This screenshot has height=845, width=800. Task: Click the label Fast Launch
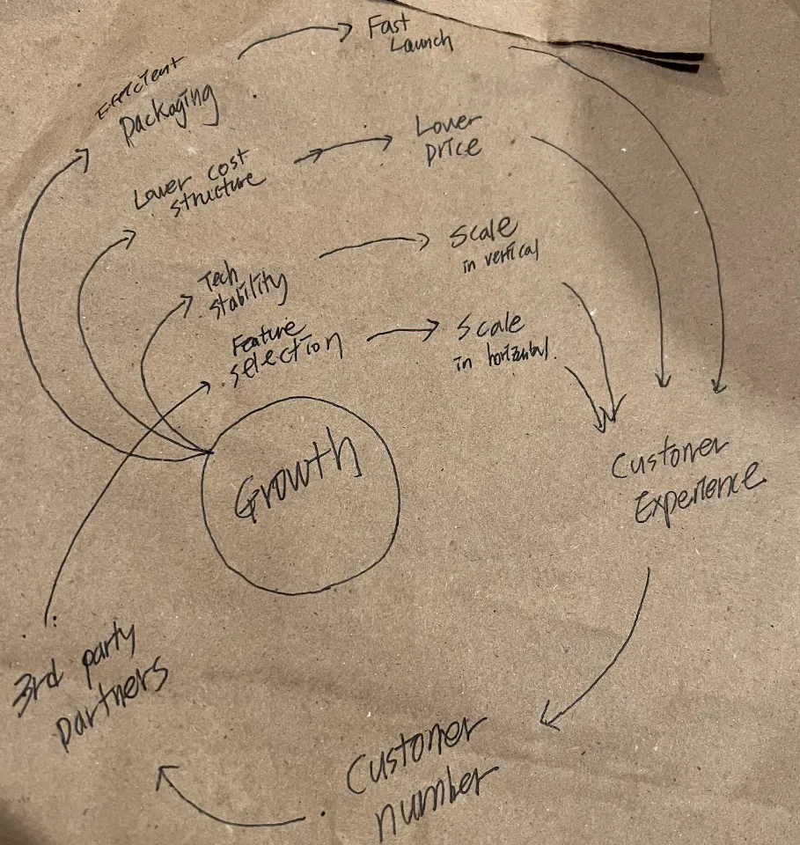408,35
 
